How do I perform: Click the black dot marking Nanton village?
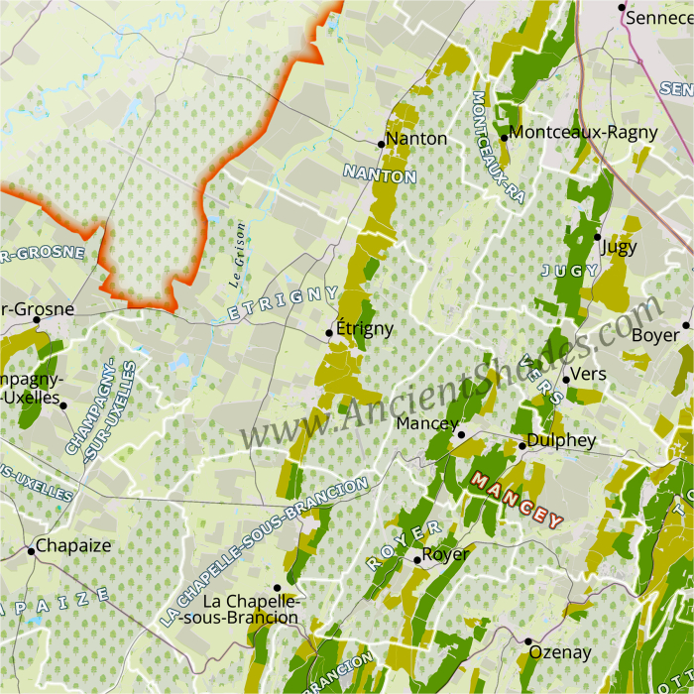[381, 144]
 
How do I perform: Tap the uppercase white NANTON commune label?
[380, 174]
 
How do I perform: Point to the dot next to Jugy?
[598, 236]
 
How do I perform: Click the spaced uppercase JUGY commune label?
[570, 270]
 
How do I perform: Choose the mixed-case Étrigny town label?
[365, 328]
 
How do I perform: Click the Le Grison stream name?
[237, 254]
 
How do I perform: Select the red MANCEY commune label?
[517, 499]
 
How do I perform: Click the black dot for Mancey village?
[461, 434]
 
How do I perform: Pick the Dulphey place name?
[561, 440]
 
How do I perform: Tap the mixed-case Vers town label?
[589, 374]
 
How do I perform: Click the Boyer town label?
[655, 335]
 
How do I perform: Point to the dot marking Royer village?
[417, 560]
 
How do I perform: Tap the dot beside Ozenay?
[528, 641]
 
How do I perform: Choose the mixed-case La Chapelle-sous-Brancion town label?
[250, 609]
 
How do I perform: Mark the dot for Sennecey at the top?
[622, 8]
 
